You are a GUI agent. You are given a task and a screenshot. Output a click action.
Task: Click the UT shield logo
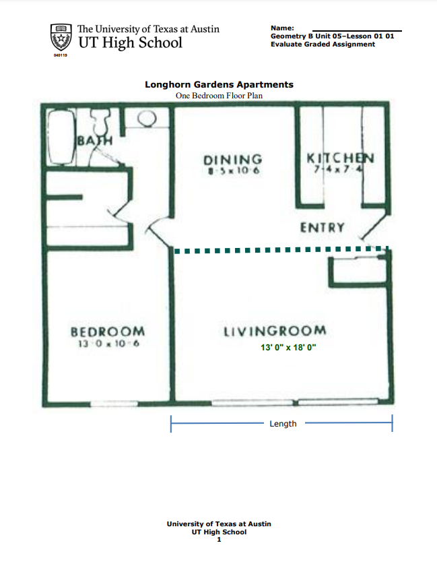pyautogui.click(x=61, y=38)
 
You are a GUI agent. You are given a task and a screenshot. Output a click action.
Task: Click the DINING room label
pyautogui.click(x=232, y=160)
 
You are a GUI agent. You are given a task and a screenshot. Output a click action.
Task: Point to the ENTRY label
pyautogui.click(x=323, y=228)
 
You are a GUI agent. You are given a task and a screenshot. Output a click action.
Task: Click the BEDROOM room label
pyautogui.click(x=108, y=332)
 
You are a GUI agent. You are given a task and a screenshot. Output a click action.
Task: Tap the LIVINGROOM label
pyautogui.click(x=275, y=331)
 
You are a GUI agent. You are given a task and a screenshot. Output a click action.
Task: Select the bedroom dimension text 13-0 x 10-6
pyautogui.click(x=107, y=344)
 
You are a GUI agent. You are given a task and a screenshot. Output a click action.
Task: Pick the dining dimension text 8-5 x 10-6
pyautogui.click(x=233, y=171)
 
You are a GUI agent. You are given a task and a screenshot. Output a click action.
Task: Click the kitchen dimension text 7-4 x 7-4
pyautogui.click(x=340, y=169)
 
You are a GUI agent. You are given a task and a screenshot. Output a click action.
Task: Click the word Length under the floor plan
pyautogui.click(x=283, y=424)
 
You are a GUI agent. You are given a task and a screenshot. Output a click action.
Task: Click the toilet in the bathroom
pyautogui.click(x=102, y=123)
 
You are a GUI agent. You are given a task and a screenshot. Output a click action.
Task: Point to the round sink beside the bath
pyautogui.click(x=147, y=119)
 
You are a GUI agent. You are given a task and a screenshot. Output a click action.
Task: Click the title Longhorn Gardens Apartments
pyautogui.click(x=219, y=85)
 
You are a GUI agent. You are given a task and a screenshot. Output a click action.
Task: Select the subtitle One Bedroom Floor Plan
pyautogui.click(x=219, y=96)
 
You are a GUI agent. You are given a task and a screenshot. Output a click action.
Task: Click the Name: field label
pyautogui.click(x=282, y=28)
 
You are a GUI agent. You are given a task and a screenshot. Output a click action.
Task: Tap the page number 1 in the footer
pyautogui.click(x=219, y=539)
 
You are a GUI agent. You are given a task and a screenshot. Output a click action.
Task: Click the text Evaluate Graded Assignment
pyautogui.click(x=323, y=44)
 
